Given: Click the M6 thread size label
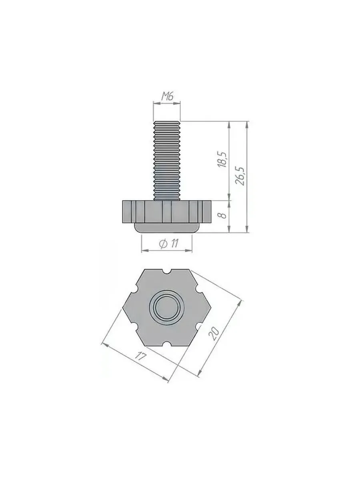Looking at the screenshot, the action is point(167,96).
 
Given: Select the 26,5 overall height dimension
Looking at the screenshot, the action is point(241,176).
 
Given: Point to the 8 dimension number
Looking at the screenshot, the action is point(223,215).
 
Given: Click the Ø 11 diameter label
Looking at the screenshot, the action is point(169,243).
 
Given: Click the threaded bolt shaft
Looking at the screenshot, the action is point(167,160).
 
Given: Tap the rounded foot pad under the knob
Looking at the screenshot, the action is point(167,228).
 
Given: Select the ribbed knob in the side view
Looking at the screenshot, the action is point(167,212).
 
